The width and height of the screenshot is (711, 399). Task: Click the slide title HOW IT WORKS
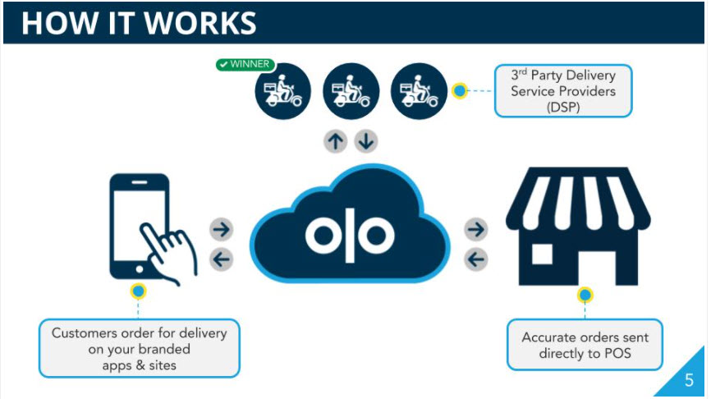[x=139, y=22]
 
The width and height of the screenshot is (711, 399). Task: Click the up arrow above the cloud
[x=335, y=141]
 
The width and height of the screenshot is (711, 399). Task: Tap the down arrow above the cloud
[x=365, y=141]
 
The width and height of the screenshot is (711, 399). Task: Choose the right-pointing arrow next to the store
[x=475, y=228]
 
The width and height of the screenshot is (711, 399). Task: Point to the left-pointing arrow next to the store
[x=475, y=260]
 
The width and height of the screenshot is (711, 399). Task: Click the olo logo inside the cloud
[x=350, y=235]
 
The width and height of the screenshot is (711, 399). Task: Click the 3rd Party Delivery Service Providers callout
[x=562, y=90]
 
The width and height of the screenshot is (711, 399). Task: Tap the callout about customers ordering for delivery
[x=139, y=348]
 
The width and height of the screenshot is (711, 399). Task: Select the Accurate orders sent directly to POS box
[x=584, y=346]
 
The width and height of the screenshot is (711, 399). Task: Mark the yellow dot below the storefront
[x=585, y=295]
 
